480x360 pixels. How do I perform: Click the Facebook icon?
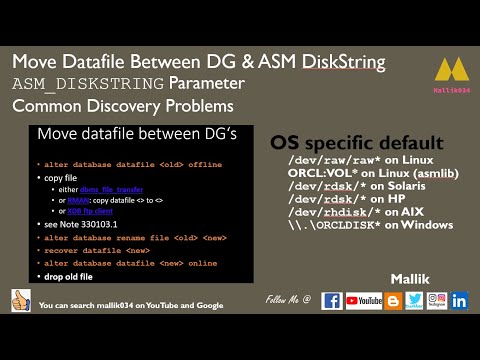point(331,300)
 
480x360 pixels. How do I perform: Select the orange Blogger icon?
point(393,300)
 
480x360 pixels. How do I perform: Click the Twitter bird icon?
point(415,300)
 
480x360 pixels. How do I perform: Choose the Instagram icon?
point(437,300)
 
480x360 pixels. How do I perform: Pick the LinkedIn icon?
point(460,300)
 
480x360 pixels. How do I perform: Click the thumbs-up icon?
point(19,300)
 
